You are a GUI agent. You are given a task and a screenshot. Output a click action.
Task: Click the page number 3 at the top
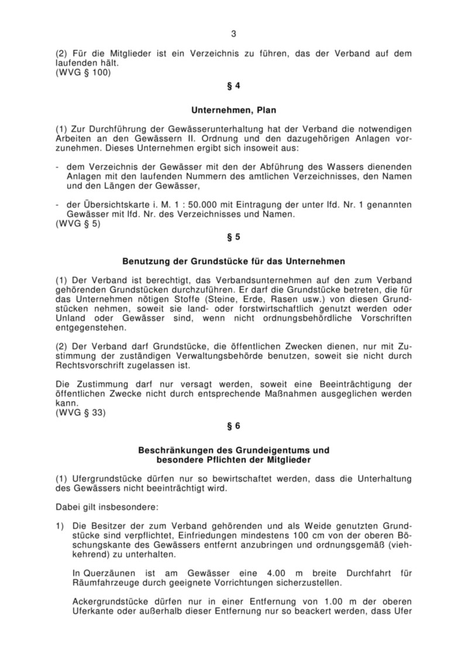pos(233,33)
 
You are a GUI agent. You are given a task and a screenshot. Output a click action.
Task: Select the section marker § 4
pos(233,86)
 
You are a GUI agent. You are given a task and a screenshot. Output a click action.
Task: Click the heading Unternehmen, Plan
pos(233,109)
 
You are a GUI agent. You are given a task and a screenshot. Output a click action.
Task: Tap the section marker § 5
pos(233,237)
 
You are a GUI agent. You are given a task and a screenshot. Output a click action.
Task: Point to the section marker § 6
pos(233,426)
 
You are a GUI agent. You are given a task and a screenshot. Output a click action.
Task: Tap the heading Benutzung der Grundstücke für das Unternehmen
pos(233,261)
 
